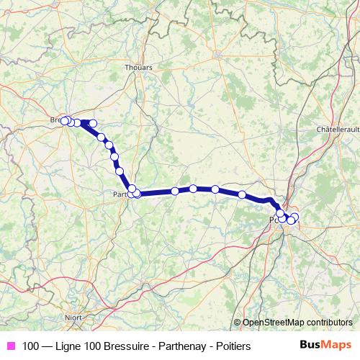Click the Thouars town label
[138, 68]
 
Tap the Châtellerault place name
[338, 130]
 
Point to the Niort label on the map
[72, 316]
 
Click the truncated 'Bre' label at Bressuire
[56, 120]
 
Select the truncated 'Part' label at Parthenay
[120, 194]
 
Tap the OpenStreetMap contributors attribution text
[297, 323]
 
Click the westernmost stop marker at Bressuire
[64, 121]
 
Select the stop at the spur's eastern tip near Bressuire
[93, 123]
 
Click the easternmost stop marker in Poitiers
[294, 217]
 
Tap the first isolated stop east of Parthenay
[175, 191]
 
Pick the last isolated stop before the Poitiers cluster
[242, 194]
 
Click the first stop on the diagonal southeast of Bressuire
[102, 137]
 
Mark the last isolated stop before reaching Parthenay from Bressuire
[120, 171]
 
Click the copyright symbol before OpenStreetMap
[237, 323]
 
